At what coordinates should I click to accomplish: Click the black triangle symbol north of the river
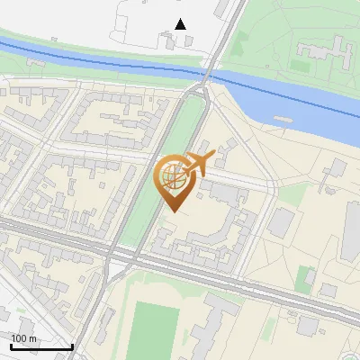pos(181,23)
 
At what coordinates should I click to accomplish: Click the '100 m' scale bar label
pos(24,338)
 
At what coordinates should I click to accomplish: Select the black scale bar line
pos(40,346)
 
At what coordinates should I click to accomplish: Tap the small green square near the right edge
pos(304,276)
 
